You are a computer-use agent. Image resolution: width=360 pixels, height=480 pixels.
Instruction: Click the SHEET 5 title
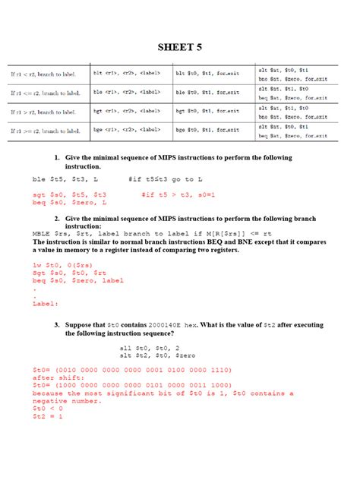tap(179, 47)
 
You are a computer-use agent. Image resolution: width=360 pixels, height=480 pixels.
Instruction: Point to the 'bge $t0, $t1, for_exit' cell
tap(207, 130)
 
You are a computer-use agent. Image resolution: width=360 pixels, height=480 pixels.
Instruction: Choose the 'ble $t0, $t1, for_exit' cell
tap(207, 92)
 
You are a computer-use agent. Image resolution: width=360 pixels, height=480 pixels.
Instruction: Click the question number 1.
tap(57, 158)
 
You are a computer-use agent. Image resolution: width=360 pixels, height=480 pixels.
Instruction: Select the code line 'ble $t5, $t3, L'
tap(60, 180)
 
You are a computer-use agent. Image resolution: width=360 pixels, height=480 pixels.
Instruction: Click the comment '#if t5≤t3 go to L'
tap(170, 180)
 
